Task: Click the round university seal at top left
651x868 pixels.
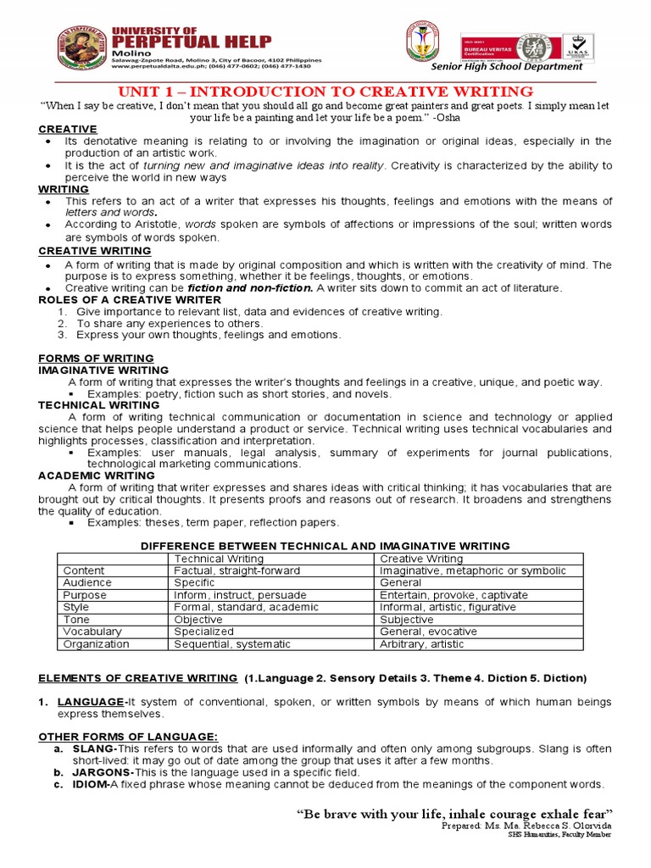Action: point(83,48)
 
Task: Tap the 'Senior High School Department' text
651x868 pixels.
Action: point(519,67)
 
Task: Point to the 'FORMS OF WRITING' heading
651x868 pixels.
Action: point(96,359)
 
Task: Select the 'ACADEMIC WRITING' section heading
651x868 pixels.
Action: point(96,476)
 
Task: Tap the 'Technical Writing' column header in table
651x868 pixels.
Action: point(219,559)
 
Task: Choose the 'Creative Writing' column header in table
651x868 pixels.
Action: point(421,559)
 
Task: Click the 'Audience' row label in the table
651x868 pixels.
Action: point(87,583)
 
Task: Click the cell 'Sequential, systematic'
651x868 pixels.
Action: point(232,644)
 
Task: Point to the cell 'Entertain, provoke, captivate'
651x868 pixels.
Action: point(453,595)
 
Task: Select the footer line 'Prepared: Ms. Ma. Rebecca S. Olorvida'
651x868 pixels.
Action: point(526,826)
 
